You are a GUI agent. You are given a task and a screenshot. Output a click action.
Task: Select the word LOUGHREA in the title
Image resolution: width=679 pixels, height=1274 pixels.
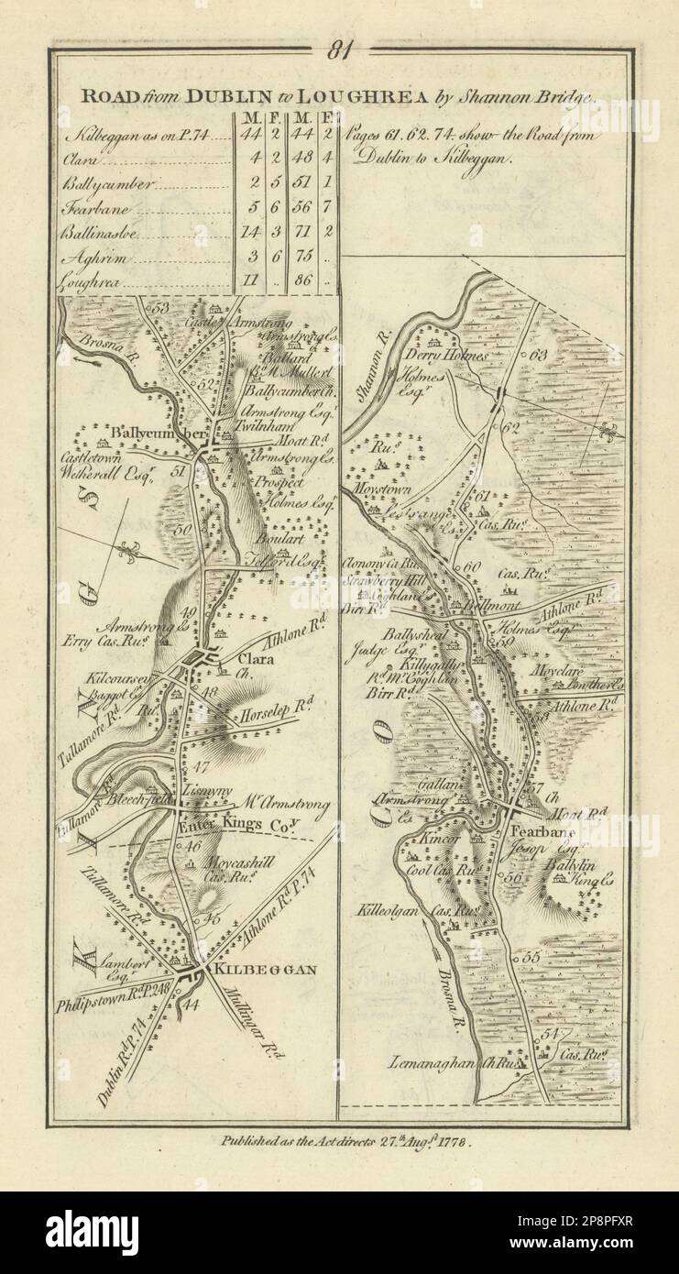(x=356, y=93)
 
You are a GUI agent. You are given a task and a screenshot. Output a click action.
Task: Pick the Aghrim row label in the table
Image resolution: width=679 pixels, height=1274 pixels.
(x=92, y=258)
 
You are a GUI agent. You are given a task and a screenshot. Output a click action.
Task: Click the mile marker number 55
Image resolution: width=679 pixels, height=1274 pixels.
(x=531, y=956)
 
